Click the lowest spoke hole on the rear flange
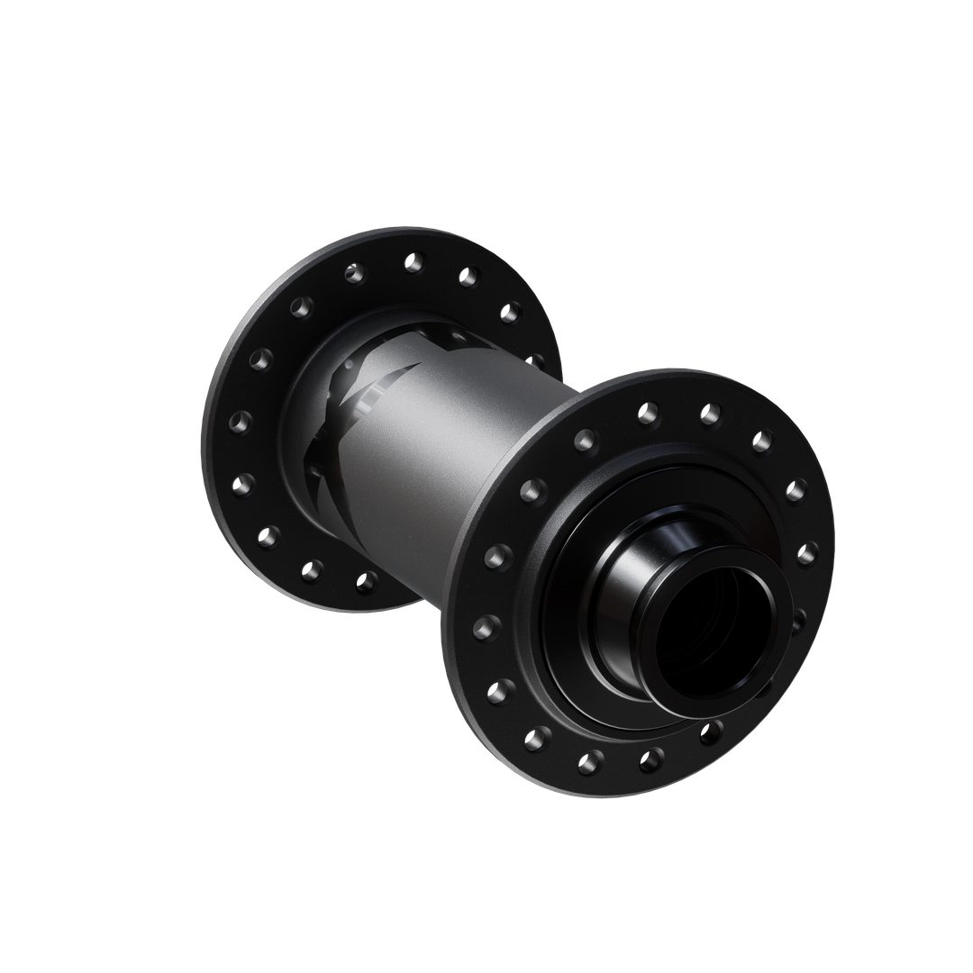click(366, 582)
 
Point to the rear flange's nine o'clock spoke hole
click(240, 421)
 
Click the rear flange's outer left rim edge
click(209, 423)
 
